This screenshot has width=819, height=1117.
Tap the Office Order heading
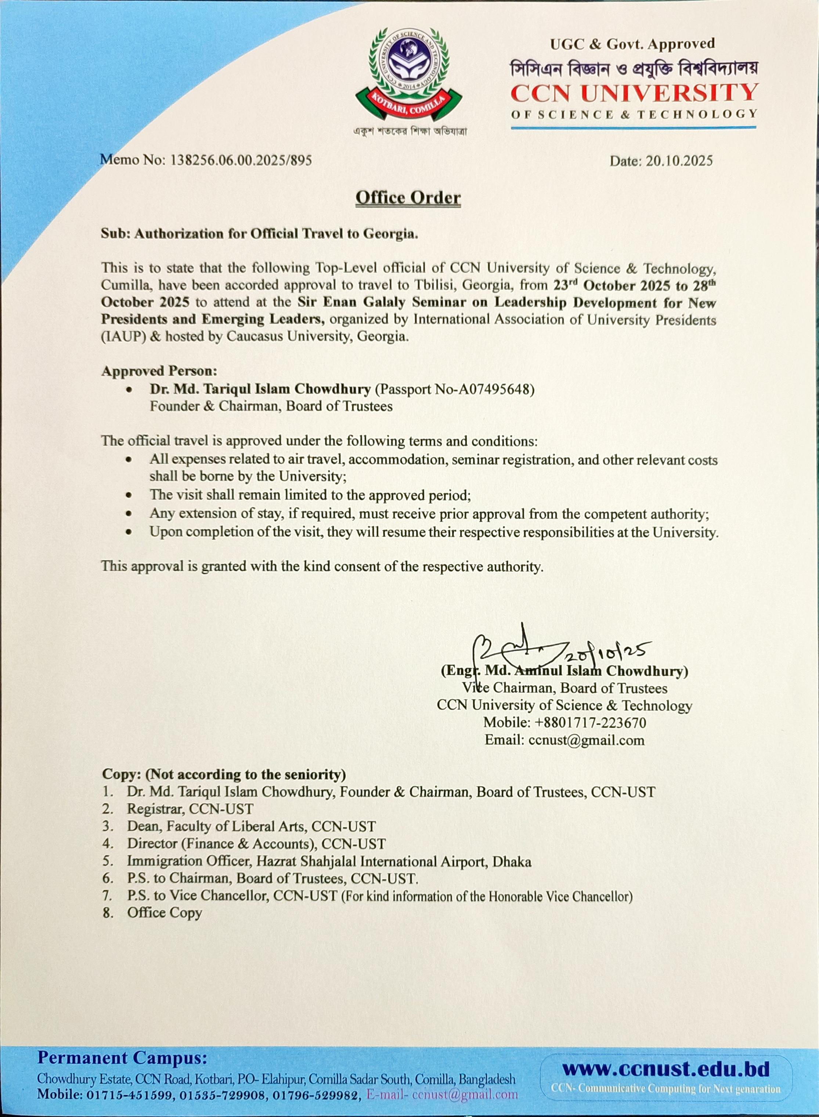coord(408,198)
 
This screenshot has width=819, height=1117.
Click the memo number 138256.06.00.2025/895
coord(241,160)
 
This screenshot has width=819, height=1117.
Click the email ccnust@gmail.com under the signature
coord(587,740)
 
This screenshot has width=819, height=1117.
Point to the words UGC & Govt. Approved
coord(632,44)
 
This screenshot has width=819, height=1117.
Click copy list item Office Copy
coord(164,913)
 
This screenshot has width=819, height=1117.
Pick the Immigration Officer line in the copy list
coord(329,862)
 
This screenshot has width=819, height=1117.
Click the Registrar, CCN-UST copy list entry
coord(190,809)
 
